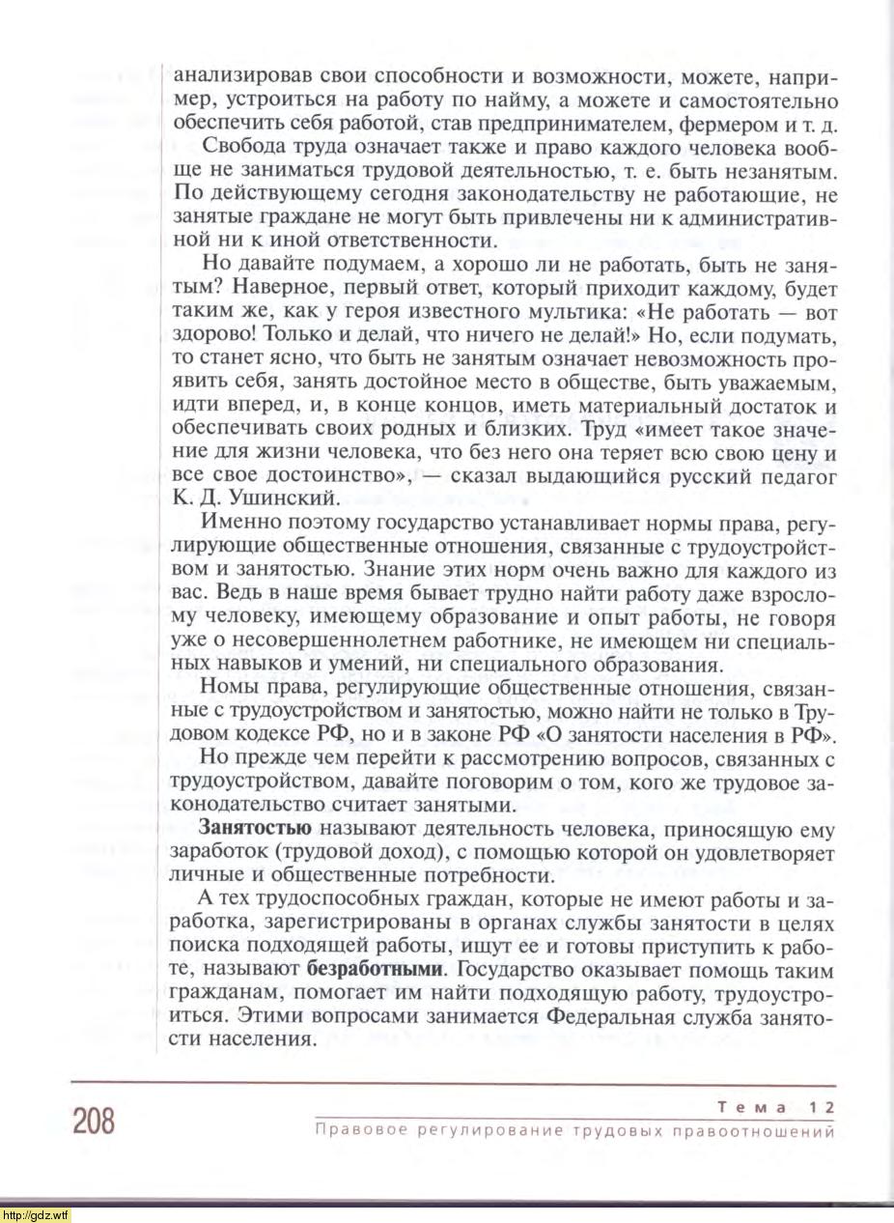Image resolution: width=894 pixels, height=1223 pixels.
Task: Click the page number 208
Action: [94, 1121]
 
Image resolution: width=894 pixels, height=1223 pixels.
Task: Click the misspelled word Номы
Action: [224, 690]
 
